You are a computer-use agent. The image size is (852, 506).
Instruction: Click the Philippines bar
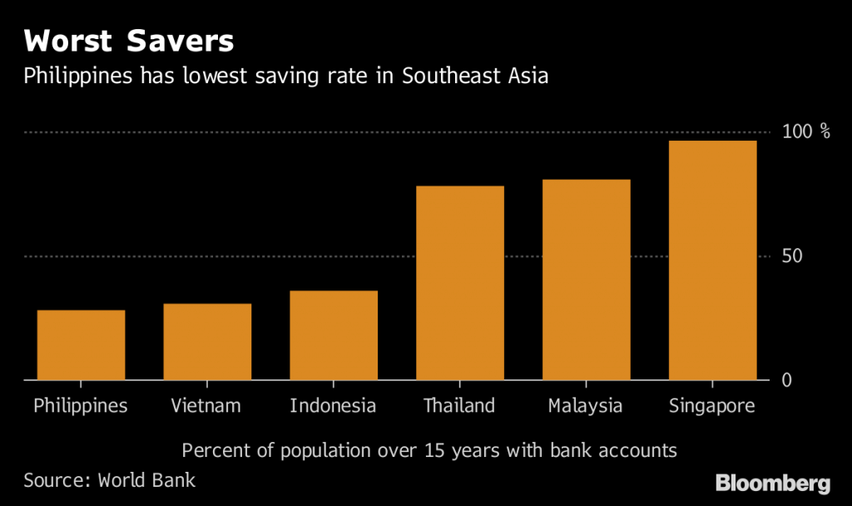(81, 345)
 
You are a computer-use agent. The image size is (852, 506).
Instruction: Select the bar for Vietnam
(207, 342)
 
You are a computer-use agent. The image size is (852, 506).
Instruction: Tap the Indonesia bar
(334, 335)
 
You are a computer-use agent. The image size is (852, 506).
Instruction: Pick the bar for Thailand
(460, 283)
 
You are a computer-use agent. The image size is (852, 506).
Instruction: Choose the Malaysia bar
(587, 280)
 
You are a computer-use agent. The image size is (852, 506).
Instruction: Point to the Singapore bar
(713, 260)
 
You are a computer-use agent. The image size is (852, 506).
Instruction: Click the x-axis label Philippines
(81, 406)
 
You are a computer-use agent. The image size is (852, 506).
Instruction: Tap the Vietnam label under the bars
(206, 406)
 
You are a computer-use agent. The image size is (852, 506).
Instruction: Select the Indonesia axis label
(333, 406)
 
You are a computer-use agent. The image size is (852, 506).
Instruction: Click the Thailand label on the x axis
(459, 406)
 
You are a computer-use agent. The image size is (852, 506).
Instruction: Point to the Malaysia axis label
(586, 406)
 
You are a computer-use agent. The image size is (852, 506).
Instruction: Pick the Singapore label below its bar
(712, 406)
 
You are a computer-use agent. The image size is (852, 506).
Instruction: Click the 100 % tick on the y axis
(806, 131)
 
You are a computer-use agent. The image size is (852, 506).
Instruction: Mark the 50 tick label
(792, 255)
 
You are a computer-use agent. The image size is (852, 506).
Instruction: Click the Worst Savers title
(128, 41)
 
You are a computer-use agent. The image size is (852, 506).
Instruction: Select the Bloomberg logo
(774, 483)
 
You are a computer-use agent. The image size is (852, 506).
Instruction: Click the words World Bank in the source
(146, 480)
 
